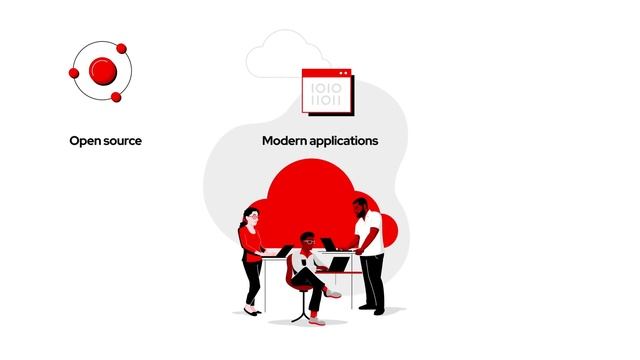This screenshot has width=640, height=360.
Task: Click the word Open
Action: tap(84, 141)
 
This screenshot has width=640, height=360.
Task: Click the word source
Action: tap(121, 141)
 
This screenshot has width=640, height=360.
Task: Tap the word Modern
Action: tap(284, 141)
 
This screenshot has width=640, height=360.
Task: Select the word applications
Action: tap(343, 141)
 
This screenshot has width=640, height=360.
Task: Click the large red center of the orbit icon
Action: tap(102, 70)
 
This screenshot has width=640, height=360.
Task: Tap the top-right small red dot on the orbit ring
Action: tap(121, 48)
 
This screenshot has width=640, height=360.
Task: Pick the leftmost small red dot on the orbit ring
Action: tap(73, 72)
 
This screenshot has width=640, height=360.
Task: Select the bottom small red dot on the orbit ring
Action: tap(116, 97)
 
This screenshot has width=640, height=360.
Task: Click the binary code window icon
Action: tap(328, 91)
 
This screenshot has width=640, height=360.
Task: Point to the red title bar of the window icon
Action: tap(328, 73)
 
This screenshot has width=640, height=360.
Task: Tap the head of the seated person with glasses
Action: tap(308, 241)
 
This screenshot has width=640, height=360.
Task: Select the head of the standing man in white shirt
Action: tap(361, 207)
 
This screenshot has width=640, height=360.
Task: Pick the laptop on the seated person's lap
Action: tap(339, 265)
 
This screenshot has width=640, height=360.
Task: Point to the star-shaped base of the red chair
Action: tap(301, 316)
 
